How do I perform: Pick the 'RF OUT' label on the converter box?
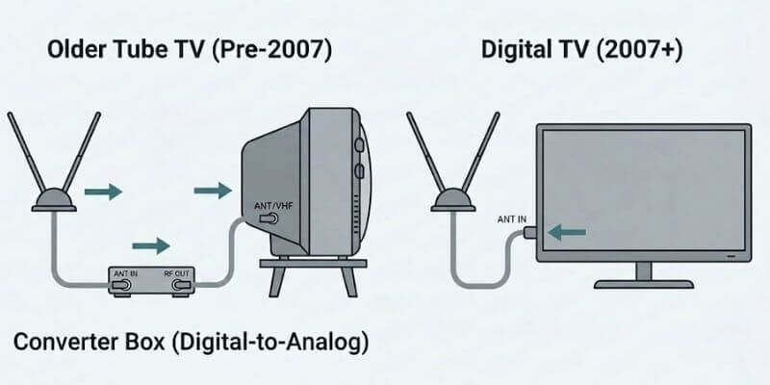click(x=177, y=273)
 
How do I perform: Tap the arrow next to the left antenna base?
click(x=103, y=192)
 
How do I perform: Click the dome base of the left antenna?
click(x=52, y=201)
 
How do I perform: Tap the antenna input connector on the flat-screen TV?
click(x=532, y=232)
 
